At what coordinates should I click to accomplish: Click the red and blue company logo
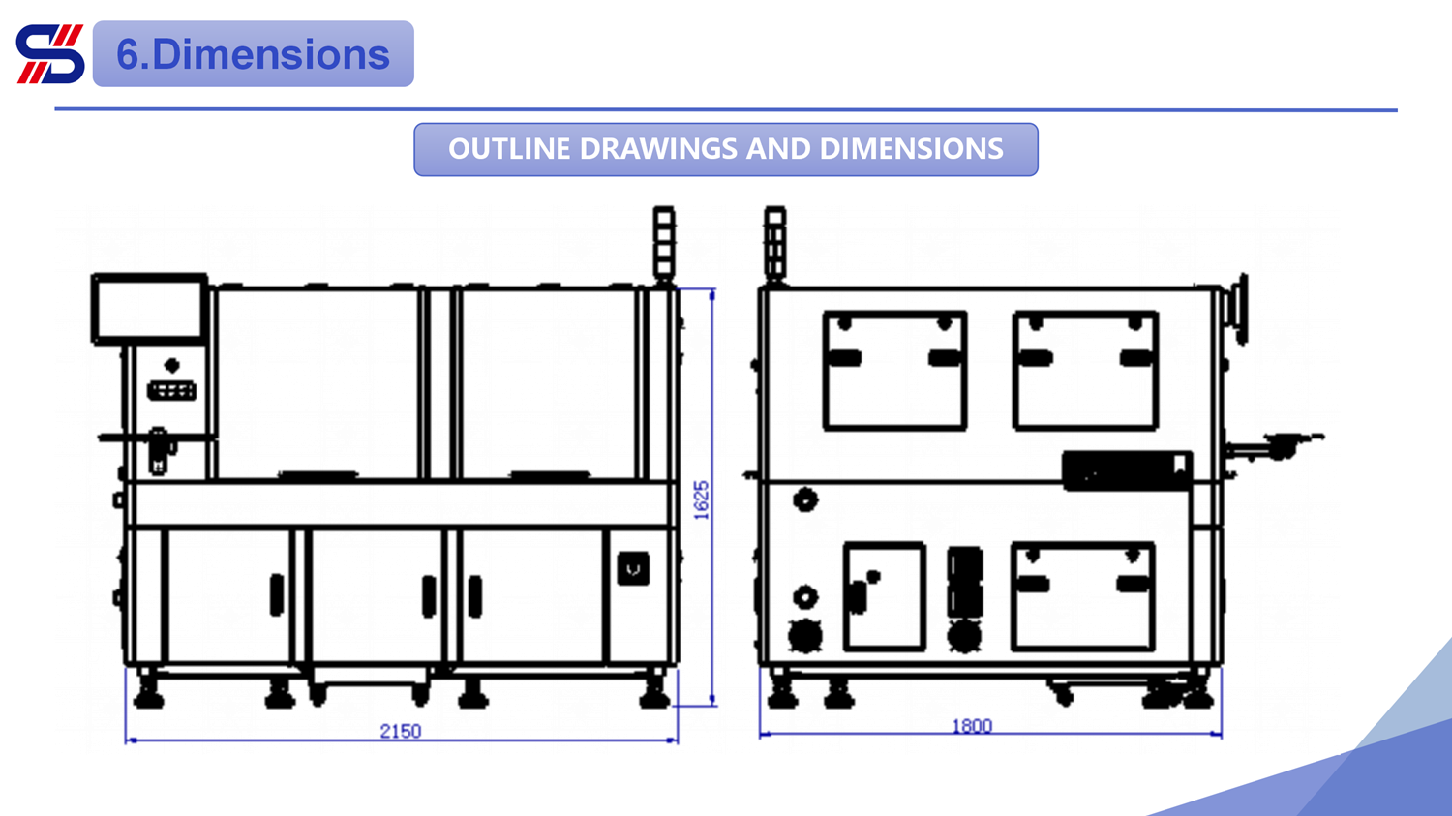coord(50,54)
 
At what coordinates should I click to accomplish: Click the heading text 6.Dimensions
coord(253,54)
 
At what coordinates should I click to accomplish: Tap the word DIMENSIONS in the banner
coord(912,148)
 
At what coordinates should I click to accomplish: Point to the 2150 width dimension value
coord(401,731)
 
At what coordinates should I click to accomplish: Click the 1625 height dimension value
coord(702,499)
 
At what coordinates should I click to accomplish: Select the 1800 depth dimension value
coord(972,726)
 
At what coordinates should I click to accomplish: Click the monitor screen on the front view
coord(150,309)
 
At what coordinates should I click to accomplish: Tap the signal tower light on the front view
coord(664,244)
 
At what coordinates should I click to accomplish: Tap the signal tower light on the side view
coord(775,244)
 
